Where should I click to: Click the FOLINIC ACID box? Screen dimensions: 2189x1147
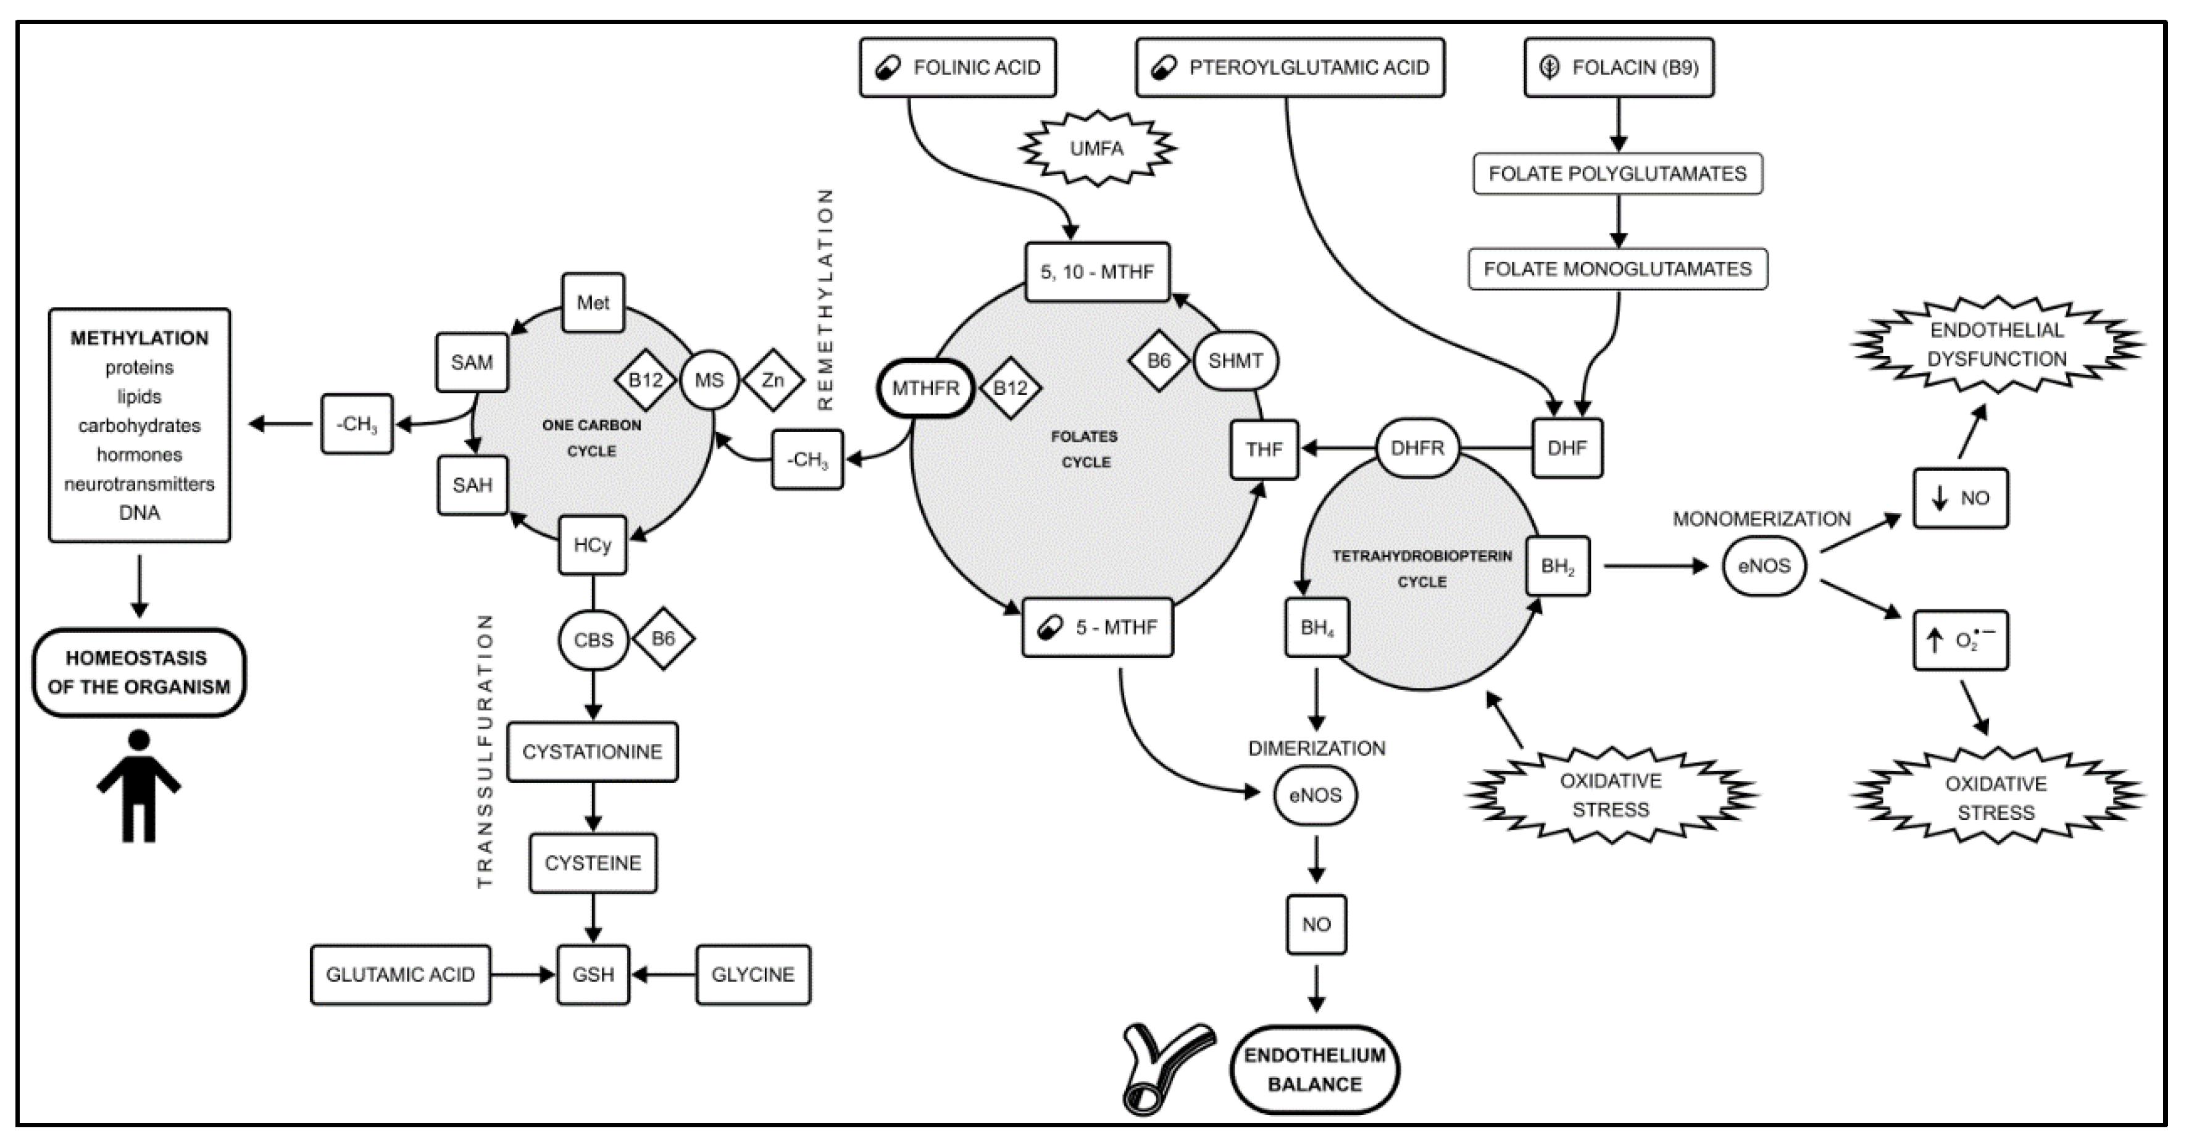point(957,67)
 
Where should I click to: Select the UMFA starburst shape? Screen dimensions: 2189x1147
point(1097,148)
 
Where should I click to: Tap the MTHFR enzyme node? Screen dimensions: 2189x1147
point(925,388)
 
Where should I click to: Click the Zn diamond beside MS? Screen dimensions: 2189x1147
point(772,380)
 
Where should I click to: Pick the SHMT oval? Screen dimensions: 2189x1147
point(1236,361)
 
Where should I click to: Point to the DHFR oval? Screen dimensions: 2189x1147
point(1417,447)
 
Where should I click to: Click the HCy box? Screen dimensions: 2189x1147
point(592,544)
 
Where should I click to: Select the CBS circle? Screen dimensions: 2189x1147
point(593,640)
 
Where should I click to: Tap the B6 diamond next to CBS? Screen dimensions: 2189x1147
point(663,638)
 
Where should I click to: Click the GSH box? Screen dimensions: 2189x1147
point(593,975)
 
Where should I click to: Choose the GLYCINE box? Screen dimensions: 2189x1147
point(753,975)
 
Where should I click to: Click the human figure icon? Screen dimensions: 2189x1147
point(138,786)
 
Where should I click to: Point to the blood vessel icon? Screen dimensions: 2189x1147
point(1169,1069)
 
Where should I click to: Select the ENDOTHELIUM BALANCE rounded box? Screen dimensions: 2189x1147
point(1315,1070)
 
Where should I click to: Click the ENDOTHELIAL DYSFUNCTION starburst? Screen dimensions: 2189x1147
point(1997,344)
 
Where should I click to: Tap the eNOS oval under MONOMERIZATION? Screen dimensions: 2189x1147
point(1764,566)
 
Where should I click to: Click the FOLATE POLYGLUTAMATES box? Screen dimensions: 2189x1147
point(1618,173)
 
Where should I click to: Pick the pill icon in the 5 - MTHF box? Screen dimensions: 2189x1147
point(1050,628)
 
